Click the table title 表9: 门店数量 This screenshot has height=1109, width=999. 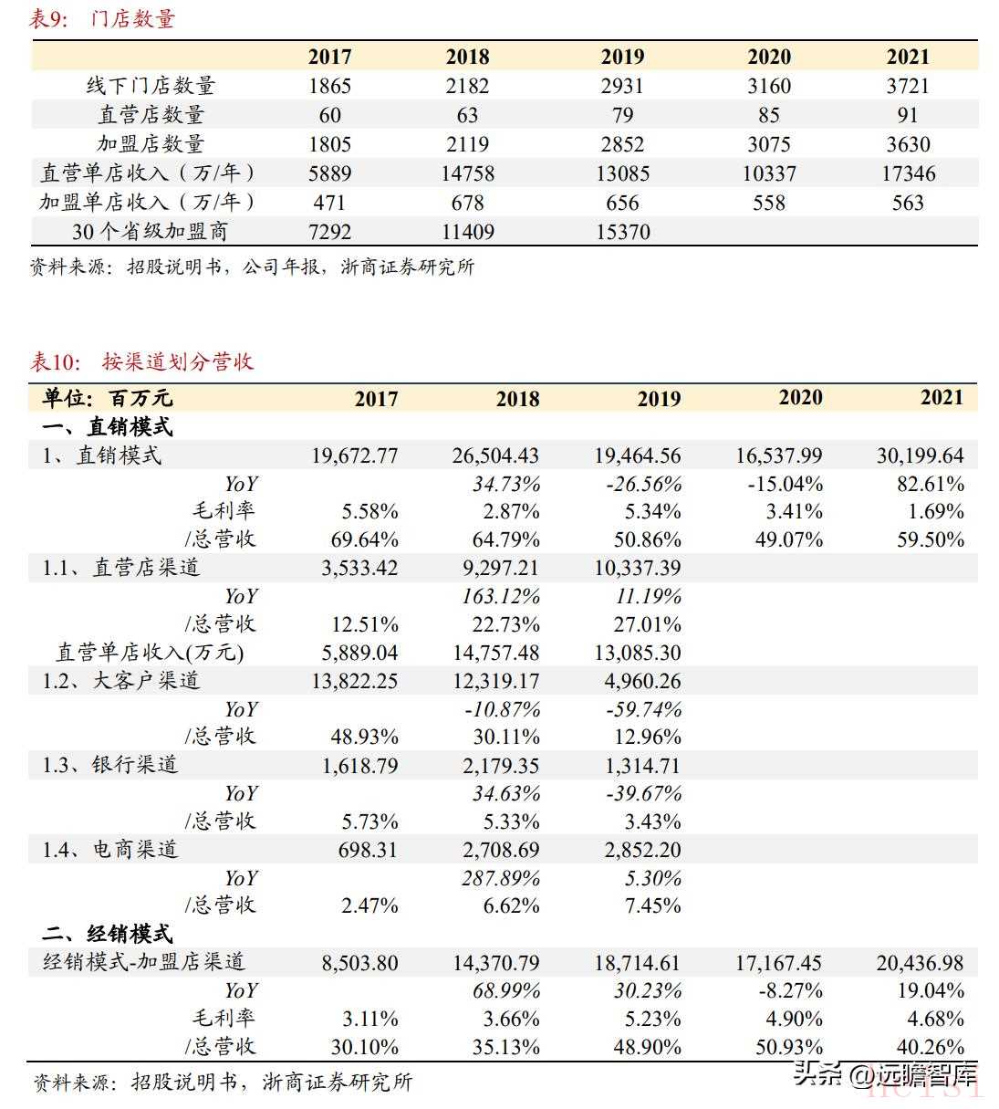click(x=102, y=19)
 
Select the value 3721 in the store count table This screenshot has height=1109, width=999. click(x=907, y=86)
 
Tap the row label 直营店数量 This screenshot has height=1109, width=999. click(x=151, y=114)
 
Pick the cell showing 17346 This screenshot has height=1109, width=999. click(x=909, y=173)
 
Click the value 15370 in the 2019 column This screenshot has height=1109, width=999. click(x=622, y=231)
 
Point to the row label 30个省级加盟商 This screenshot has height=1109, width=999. click(x=150, y=231)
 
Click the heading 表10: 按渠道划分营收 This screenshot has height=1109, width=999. click(x=141, y=361)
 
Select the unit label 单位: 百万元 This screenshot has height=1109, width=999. click(x=108, y=398)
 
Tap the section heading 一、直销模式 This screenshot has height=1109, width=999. click(x=108, y=427)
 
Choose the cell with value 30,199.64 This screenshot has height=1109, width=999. click(x=920, y=455)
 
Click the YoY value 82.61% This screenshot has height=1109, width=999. click(x=931, y=484)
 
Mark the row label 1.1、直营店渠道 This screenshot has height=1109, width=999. click(x=121, y=567)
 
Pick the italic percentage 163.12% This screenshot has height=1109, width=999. click(x=501, y=596)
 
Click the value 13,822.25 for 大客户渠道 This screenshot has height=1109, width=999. click(x=354, y=681)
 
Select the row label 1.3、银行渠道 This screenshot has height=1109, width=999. click(x=110, y=765)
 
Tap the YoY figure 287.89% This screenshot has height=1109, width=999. click(x=501, y=878)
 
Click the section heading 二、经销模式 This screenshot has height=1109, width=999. click(x=108, y=933)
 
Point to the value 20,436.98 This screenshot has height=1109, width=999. click(x=920, y=962)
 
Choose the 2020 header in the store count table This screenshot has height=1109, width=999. click(x=769, y=57)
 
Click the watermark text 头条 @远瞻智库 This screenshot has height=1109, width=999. click(x=885, y=1074)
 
